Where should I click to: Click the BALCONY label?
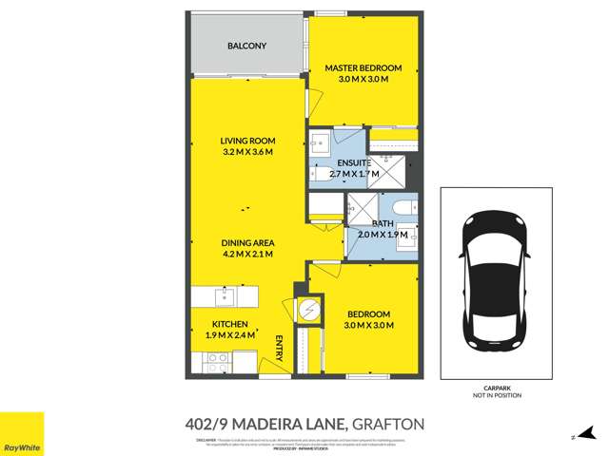(246, 46)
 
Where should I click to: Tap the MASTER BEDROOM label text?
(363, 68)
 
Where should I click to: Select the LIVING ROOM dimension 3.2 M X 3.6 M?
(247, 152)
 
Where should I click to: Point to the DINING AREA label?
(247, 241)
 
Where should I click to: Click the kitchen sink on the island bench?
(226, 295)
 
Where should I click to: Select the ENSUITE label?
(340, 162)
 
